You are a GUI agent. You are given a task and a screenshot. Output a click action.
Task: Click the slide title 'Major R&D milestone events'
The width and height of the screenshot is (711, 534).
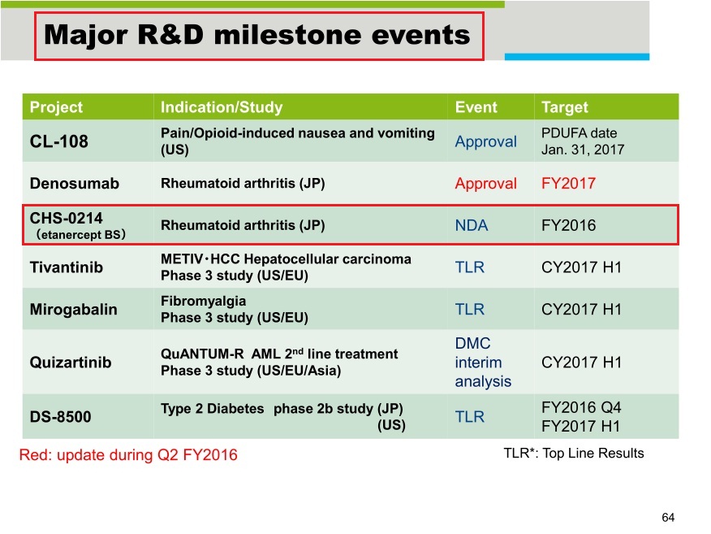pos(257,35)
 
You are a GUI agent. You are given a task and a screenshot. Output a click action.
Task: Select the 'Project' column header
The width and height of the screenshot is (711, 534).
pos(56,107)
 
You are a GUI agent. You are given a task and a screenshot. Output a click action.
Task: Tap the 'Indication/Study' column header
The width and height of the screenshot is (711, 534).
pos(221,107)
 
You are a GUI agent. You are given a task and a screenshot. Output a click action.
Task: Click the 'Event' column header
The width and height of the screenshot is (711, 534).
pos(476,107)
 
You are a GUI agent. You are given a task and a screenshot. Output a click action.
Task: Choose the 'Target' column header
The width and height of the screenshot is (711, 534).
pos(564,107)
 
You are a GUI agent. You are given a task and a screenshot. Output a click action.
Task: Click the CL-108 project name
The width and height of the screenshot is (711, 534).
pos(59,141)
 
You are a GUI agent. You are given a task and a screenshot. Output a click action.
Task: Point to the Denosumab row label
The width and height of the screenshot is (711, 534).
pos(75,184)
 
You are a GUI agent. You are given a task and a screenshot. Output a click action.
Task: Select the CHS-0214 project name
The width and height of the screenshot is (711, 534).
pos(67,218)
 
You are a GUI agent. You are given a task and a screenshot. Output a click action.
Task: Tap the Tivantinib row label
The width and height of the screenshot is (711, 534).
pos(67,267)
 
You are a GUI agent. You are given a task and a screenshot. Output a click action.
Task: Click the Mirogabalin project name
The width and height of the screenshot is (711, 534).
pos(74,310)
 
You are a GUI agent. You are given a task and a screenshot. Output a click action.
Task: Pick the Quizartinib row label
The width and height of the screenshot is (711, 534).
pos(70,363)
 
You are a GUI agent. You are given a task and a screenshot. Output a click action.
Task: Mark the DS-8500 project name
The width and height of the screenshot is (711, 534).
pos(61,417)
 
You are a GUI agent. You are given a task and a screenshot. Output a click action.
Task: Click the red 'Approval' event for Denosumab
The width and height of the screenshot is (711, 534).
pos(485,184)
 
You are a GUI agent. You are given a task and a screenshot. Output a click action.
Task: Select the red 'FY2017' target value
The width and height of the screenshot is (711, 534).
pos(568,184)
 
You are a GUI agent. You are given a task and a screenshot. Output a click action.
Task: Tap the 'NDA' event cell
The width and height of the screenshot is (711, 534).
pos(472,226)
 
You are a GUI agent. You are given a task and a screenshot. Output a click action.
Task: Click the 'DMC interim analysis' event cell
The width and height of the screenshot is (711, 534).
pos(478,363)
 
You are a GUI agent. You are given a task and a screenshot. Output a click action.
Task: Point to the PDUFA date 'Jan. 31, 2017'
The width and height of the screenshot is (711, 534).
pos(583,150)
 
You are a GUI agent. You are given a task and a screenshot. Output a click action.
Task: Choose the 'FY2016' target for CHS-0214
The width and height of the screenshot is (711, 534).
pos(568,226)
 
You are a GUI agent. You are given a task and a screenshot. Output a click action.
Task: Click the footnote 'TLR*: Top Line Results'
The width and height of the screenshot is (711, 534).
pos(573,453)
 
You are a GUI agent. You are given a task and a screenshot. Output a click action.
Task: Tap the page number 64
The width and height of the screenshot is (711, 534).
pos(668,518)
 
